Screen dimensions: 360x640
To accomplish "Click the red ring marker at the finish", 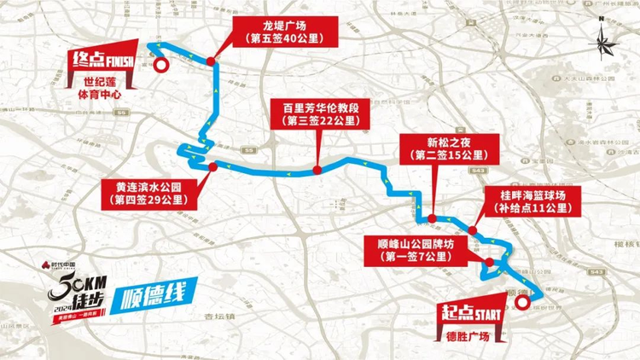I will pyautogui.click(x=160, y=61).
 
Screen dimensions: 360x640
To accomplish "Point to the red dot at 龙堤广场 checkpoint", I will pyautogui.click(x=210, y=60).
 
